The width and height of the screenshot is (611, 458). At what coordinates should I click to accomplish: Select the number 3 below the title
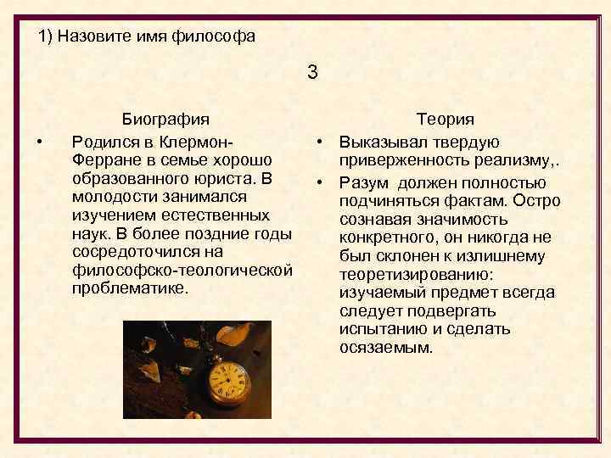point(312,73)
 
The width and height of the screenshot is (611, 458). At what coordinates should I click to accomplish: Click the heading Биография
point(165,120)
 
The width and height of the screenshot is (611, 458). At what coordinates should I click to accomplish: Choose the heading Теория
point(445,120)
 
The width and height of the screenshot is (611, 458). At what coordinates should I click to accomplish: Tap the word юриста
point(229,178)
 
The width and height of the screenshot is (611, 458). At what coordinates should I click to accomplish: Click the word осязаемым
point(384,349)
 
